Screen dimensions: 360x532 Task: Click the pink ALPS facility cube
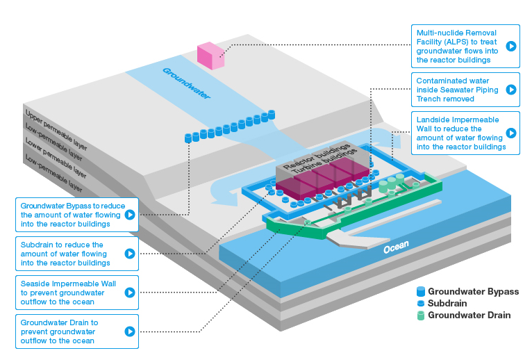210,55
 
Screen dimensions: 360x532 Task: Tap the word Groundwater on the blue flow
186,81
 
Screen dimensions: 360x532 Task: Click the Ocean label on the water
397,245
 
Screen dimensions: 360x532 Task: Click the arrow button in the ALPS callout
511,47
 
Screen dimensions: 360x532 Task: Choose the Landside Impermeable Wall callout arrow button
511,133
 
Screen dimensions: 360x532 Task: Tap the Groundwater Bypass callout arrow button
128,215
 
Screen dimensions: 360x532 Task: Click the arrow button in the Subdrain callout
128,254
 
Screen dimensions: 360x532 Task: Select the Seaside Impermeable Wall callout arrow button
128,293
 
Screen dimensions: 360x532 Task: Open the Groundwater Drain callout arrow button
128,332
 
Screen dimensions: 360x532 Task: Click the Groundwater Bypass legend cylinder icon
419,292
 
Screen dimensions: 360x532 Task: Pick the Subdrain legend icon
419,304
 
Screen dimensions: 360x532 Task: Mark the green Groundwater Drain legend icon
419,315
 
